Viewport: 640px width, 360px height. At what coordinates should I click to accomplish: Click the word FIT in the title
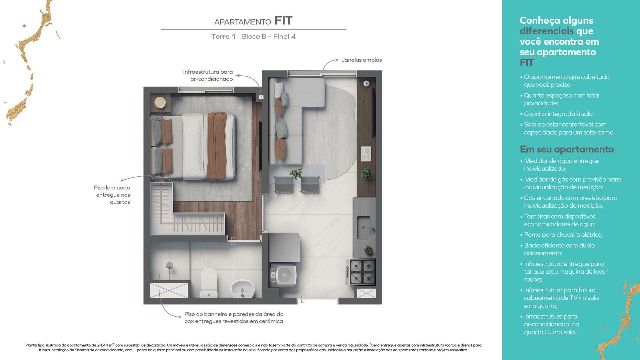pos(283,21)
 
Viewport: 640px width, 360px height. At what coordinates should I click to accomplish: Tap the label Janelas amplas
pos(362,60)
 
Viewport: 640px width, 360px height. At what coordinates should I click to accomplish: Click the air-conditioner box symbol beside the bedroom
pos(261,97)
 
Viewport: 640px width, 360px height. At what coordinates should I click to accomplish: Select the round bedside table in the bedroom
pos(160,102)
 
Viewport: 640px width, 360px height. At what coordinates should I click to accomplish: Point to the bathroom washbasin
pos(242,289)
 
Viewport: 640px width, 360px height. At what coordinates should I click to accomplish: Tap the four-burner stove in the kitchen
pos(362,272)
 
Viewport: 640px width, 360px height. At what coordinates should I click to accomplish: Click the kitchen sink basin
pos(364,228)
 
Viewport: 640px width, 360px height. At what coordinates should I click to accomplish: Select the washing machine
pos(283,275)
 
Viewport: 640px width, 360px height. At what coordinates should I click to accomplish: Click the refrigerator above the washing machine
pos(284,247)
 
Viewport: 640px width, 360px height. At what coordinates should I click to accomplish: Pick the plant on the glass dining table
pos(296,173)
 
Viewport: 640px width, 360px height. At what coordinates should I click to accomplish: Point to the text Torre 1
pos(223,37)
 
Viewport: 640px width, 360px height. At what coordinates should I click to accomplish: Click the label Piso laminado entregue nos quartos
pos(112,195)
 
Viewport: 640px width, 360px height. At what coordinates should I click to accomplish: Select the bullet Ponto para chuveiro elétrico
pos(561,235)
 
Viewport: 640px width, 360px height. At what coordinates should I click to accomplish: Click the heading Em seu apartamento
pos(567,149)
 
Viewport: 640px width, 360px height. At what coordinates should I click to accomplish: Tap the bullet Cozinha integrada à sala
pos(557,114)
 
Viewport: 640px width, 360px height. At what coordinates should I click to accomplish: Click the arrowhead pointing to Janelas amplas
pos(337,60)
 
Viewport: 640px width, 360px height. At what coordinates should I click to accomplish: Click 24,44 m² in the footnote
pos(106,345)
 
